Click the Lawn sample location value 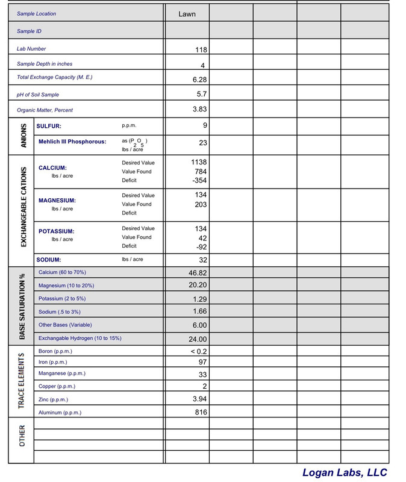click(187, 13)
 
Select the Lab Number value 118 click(201, 50)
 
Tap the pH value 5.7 click(202, 95)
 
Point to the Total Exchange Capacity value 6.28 click(199, 79)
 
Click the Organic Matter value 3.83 click(199, 109)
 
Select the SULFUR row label click(49, 127)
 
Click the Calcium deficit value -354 click(198, 181)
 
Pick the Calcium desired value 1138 click(198, 162)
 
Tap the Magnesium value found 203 click(201, 204)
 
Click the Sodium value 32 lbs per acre click(202, 260)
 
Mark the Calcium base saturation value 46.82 click(198, 273)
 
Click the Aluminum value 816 click(201, 412)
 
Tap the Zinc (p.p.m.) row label click(53, 399)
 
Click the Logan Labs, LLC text click(345, 473)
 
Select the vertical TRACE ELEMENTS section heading click(22, 381)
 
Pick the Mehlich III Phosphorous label click(72, 142)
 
